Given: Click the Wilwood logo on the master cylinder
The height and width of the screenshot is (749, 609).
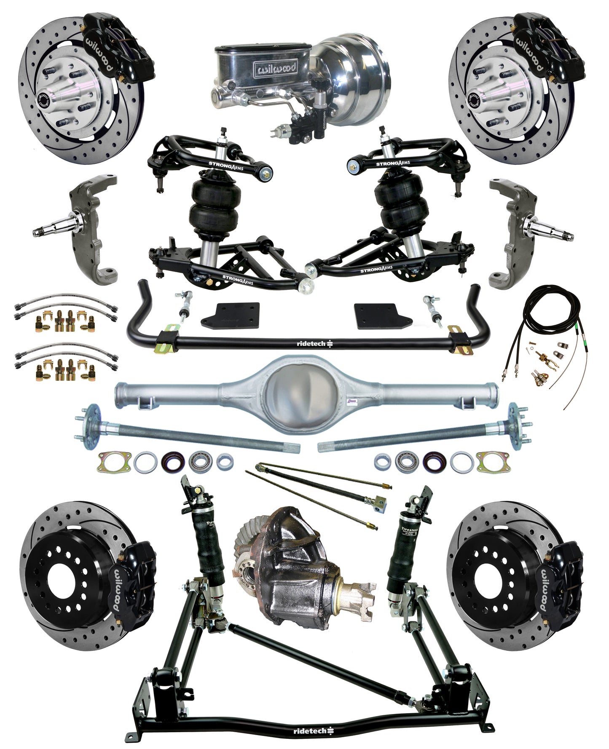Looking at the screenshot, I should tap(274, 68).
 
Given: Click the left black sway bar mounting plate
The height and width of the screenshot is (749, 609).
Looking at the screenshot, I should tap(231, 316).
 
